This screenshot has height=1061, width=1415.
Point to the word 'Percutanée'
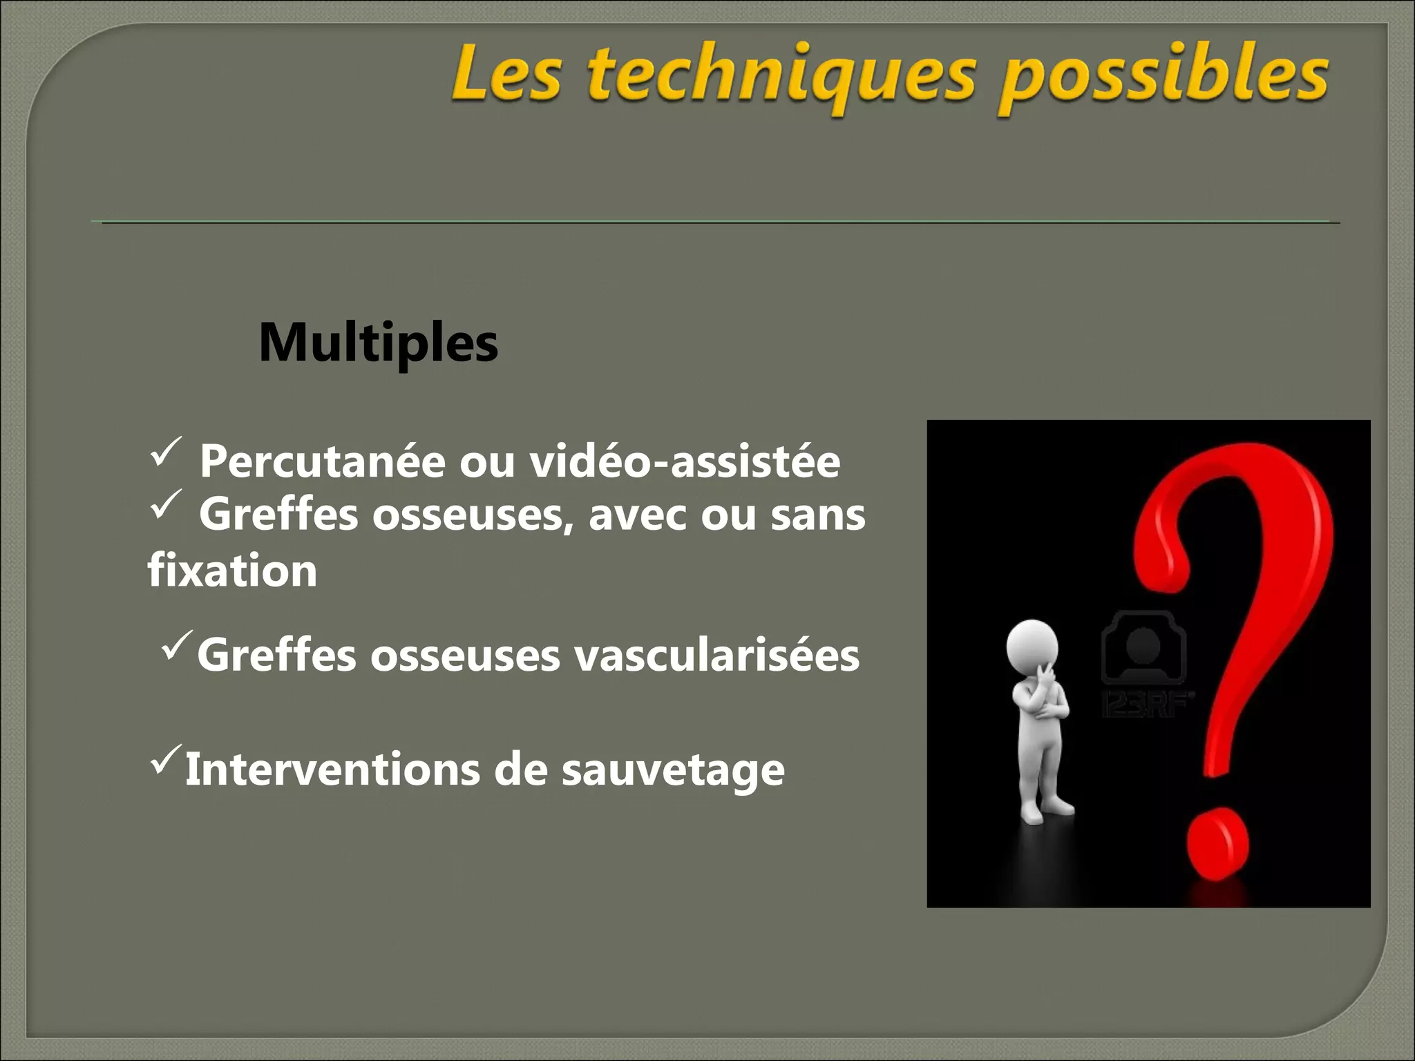322,461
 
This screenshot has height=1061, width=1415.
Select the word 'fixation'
232,571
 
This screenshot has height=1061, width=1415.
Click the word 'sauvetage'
673,771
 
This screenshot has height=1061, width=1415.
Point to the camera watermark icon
1143,646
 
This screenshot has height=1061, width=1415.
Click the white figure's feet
1044,812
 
